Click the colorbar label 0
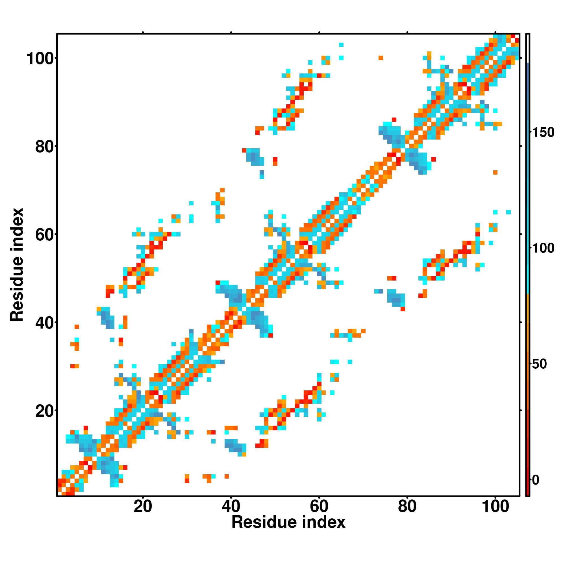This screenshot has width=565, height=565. point(535,480)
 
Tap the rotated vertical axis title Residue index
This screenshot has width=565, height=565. point(17,265)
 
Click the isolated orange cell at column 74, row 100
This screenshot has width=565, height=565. point(381,58)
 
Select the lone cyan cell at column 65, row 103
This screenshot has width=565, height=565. point(341,45)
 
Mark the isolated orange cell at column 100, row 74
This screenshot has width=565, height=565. point(495,173)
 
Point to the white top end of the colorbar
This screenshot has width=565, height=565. point(528,48)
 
